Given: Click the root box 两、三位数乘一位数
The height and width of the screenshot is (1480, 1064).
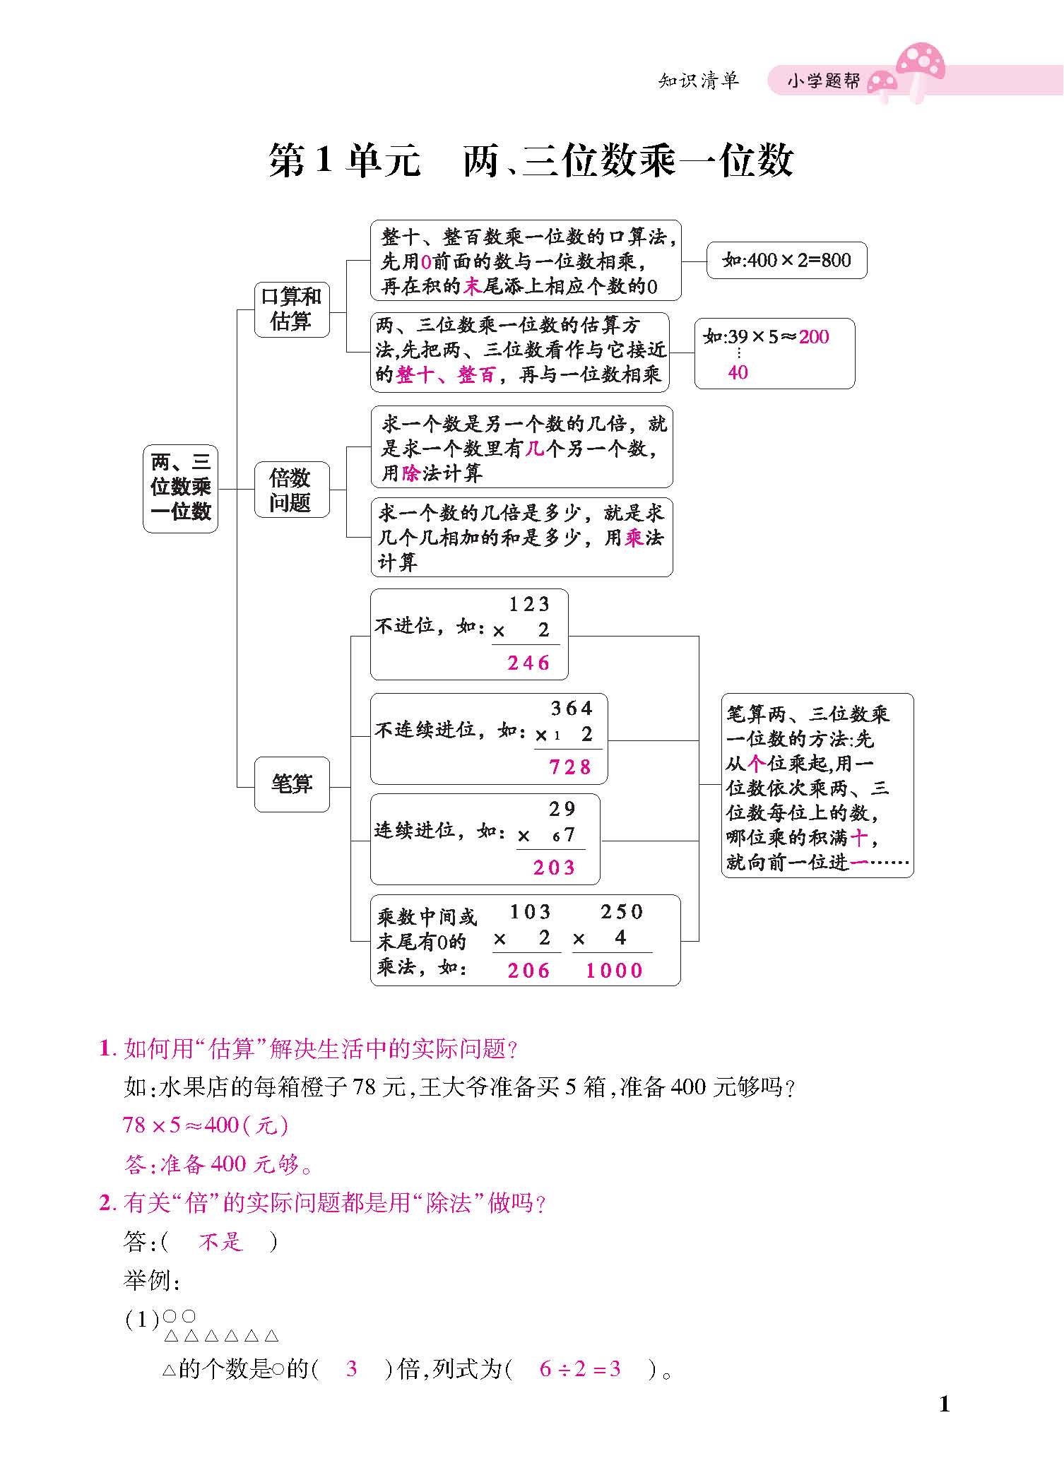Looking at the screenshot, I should coord(180,487).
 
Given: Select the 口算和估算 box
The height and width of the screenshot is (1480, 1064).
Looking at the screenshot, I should coord(291,309).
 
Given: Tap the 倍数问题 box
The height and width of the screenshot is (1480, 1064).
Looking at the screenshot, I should coord(291,490).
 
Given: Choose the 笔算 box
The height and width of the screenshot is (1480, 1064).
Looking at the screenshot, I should coord(291,783).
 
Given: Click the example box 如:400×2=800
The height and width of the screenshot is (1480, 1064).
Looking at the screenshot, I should coord(786,260).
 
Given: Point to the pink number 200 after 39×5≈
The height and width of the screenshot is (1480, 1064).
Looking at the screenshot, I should coord(814,337).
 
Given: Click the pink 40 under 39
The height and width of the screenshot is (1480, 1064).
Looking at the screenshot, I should coord(738,372).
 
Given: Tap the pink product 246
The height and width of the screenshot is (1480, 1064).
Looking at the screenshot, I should coord(528,663).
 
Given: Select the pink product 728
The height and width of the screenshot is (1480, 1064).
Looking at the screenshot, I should coord(570,766).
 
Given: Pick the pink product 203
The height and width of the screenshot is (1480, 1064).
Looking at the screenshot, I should coord(555,868).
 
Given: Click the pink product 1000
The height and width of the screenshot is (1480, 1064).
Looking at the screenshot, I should coord(615,971).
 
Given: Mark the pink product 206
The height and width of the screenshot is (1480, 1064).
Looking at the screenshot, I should coord(528,971).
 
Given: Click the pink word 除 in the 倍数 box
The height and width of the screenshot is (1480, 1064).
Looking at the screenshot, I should coord(410,473).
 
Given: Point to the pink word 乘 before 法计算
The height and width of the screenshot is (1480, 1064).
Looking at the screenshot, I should coord(634,538).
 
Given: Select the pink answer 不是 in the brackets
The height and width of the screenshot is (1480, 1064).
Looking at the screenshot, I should coord(221,1241).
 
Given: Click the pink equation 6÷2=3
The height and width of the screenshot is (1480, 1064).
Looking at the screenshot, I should coord(580,1369).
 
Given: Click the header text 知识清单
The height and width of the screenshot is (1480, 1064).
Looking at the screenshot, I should coord(698,81).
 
